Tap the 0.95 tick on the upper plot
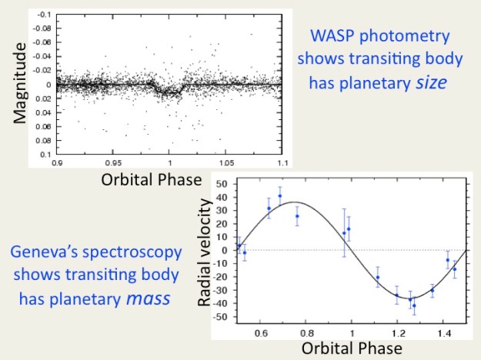pyautogui.click(x=114, y=163)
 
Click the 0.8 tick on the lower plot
pyautogui.click(x=306, y=333)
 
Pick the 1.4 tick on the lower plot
pyautogui.click(x=444, y=333)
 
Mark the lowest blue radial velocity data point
pyautogui.click(x=413, y=305)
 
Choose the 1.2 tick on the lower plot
pyautogui.click(x=398, y=333)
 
